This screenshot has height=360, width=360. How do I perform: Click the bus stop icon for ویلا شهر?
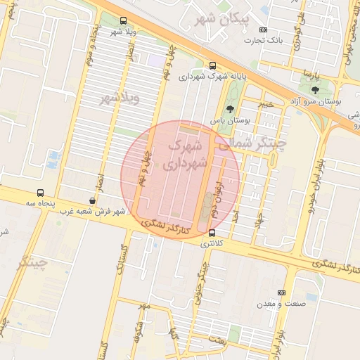pyautogui.click(x=124, y=20)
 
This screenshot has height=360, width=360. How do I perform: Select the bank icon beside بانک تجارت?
pyautogui.click(x=263, y=30)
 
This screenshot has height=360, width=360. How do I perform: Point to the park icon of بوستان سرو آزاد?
pyautogui.click(x=314, y=89)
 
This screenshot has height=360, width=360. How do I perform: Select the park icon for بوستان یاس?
pyautogui.click(x=231, y=109)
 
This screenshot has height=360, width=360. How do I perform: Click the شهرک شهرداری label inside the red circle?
pyautogui.click(x=186, y=155)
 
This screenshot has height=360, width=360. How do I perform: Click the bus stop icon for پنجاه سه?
pyautogui.click(x=40, y=192)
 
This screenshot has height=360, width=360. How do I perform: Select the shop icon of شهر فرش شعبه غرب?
pyautogui.click(x=93, y=201)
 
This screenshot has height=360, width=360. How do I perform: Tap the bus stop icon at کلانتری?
pyautogui.click(x=213, y=233)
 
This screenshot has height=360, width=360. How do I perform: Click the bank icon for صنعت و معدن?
pyautogui.click(x=282, y=292)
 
